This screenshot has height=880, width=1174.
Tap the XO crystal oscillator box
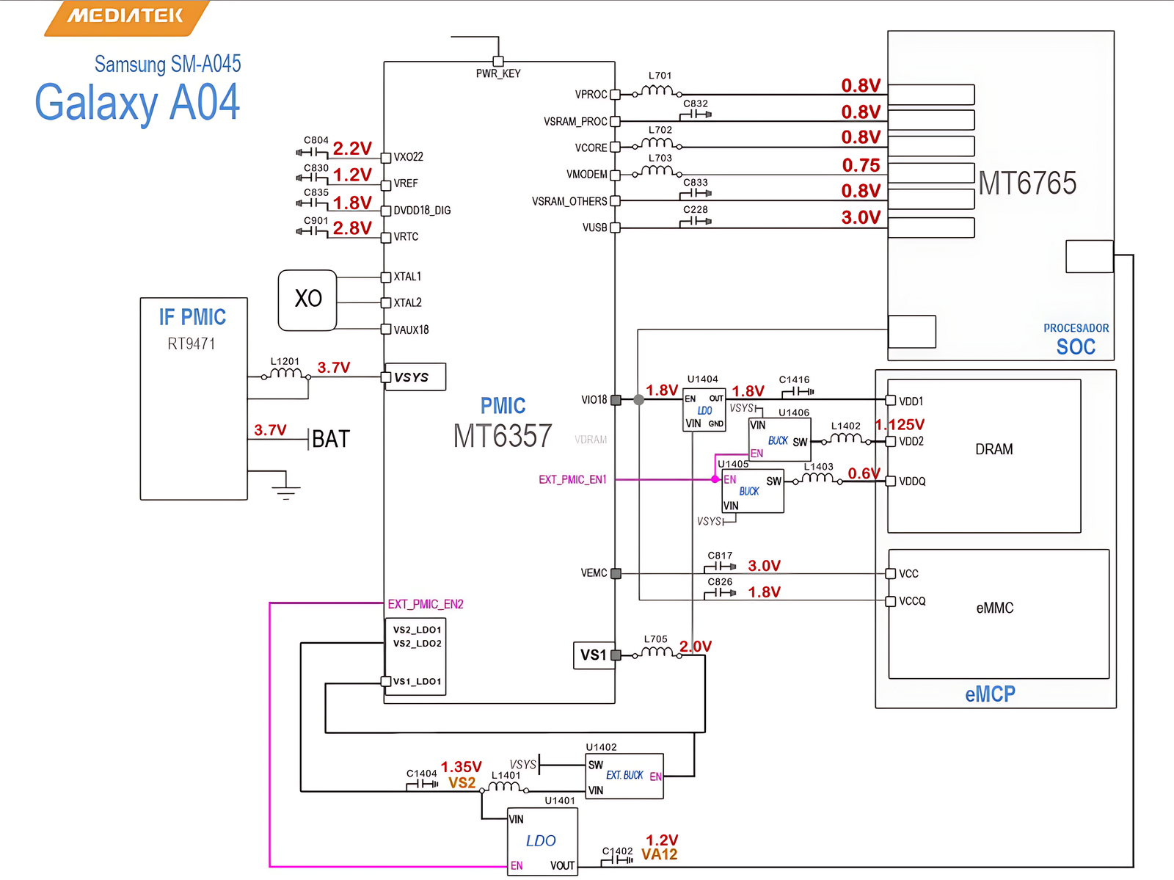[307, 299]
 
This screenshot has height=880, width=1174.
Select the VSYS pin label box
[415, 377]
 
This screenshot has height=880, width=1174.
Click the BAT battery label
[331, 440]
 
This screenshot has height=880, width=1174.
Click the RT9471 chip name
[192, 344]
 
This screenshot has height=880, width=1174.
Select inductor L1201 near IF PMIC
[285, 373]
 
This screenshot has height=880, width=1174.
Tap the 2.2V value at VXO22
[352, 148]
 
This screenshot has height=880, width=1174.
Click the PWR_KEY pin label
[498, 73]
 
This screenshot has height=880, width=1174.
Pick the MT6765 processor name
[1027, 183]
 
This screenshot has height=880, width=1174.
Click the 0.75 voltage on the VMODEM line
[861, 165]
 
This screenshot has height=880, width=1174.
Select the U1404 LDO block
[704, 410]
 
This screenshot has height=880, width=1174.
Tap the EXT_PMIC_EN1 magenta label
[572, 480]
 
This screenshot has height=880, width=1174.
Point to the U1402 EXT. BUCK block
[624, 777]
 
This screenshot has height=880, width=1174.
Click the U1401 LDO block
[542, 841]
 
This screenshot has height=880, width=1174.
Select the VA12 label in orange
[659, 855]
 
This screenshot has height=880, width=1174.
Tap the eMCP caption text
[990, 694]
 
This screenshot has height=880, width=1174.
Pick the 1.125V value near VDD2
[900, 425]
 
